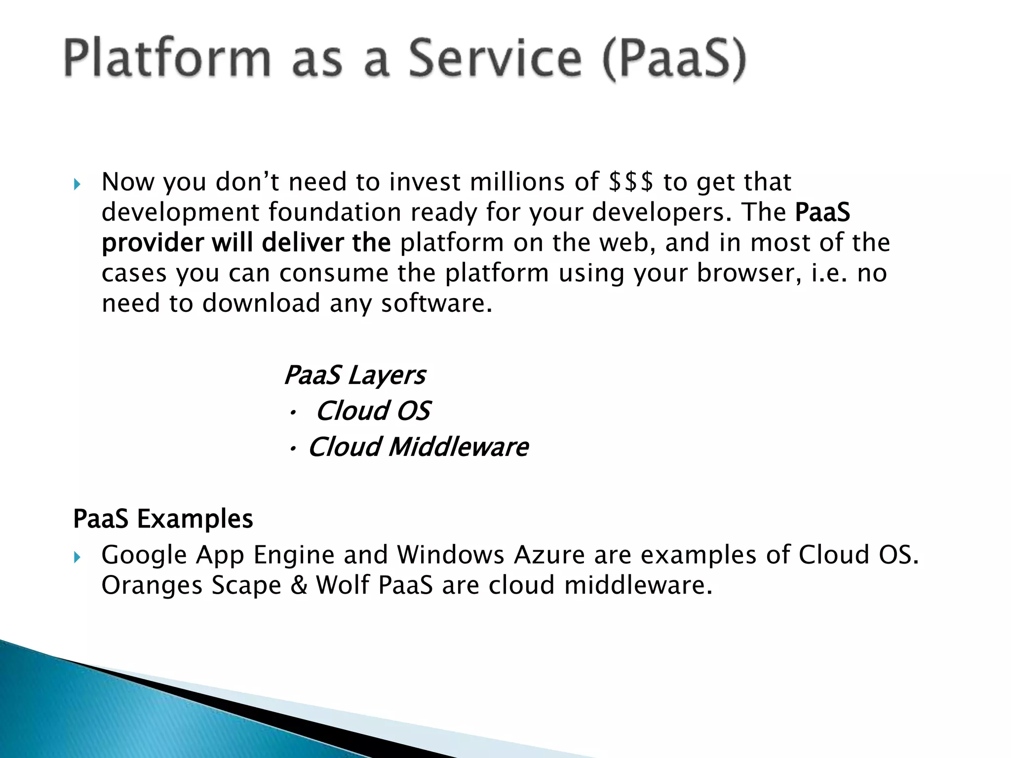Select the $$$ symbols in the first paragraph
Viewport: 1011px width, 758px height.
click(x=631, y=182)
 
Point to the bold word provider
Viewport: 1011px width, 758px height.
click(x=153, y=243)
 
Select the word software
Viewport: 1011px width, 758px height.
click(x=436, y=303)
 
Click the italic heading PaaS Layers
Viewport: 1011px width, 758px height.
click(x=354, y=375)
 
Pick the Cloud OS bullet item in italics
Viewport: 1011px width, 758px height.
click(x=373, y=411)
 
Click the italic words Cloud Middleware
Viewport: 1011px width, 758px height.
click(x=418, y=447)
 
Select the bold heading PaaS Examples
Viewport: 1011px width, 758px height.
click(x=163, y=519)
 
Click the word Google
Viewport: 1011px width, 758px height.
click(x=144, y=555)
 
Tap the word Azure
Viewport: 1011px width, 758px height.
click(x=549, y=555)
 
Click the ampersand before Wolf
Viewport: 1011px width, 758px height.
click(x=299, y=585)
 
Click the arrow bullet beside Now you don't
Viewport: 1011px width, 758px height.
click(x=77, y=185)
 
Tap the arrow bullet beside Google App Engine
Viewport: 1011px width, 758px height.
click(x=77, y=558)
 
